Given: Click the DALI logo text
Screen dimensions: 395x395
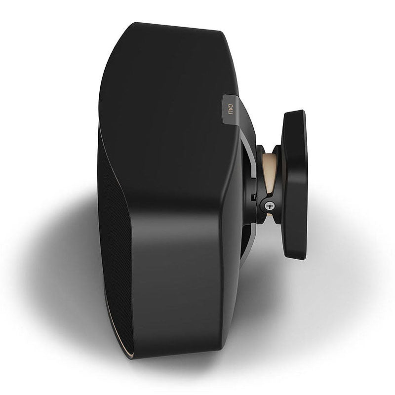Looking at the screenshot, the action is pos(230,109).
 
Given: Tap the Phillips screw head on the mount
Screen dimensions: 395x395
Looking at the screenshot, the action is pos(269,206).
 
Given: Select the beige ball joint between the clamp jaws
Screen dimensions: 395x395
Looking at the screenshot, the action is pos(268,171).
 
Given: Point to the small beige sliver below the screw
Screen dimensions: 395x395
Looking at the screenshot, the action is pos(270,215).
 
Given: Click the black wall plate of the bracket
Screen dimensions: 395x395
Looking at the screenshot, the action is pos(295,185).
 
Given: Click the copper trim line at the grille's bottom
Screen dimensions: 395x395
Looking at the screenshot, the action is pos(121,341).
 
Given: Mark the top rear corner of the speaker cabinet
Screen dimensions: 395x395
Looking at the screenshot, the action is pos(222,32).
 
